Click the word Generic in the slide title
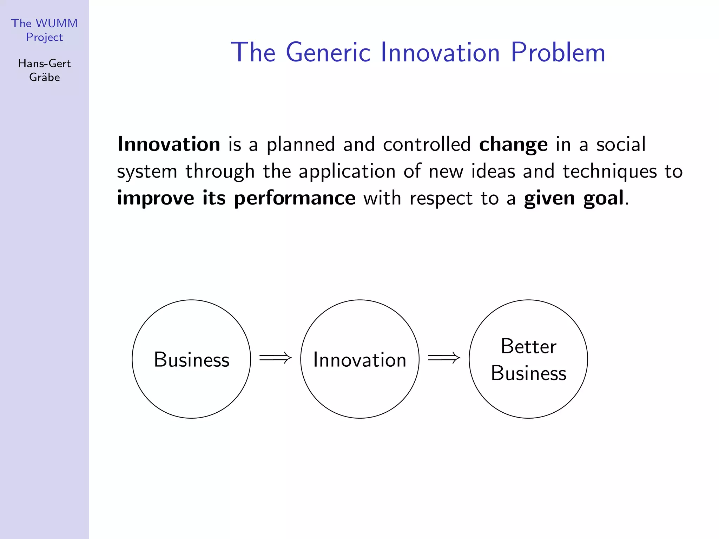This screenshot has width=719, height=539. click(328, 53)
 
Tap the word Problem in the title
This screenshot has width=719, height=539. click(558, 53)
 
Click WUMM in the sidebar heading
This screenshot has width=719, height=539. click(57, 23)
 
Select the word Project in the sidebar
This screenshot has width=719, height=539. click(44, 37)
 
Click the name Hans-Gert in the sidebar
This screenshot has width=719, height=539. click(44, 64)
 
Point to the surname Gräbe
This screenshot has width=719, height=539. click(44, 77)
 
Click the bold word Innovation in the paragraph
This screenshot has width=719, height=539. click(169, 144)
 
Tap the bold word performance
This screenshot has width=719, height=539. click(295, 199)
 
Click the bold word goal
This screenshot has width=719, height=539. click(603, 199)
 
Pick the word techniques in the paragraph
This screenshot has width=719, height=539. click(609, 172)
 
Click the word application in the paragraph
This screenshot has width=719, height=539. click(347, 172)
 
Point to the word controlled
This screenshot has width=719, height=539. click(427, 144)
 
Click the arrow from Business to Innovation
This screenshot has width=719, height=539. click(275, 358)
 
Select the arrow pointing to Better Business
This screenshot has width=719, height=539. click(444, 358)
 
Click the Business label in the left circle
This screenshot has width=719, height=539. click(191, 360)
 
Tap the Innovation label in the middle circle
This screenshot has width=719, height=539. click(359, 360)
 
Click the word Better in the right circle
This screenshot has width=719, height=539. click(528, 346)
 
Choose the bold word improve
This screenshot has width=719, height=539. click(156, 199)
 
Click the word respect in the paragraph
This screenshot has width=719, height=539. click(441, 199)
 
